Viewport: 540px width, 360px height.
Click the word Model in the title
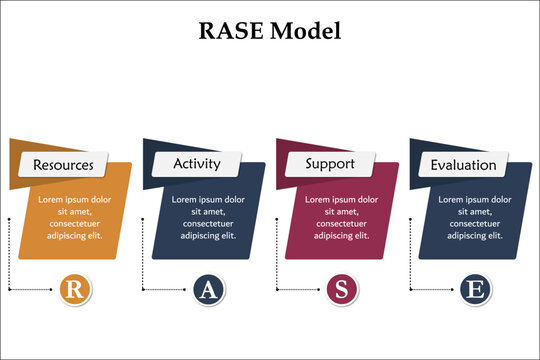pos(307,31)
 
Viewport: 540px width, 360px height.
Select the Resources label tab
pos(64,165)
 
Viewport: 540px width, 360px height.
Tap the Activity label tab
pos(197,163)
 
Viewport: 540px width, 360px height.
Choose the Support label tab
pos(330,163)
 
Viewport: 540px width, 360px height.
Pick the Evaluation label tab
pos(463,165)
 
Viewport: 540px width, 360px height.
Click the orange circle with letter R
pos(75,290)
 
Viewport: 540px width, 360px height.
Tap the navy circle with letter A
pos(208,290)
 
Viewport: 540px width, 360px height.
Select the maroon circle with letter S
pos(342,290)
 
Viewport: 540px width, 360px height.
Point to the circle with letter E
pos(476,290)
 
